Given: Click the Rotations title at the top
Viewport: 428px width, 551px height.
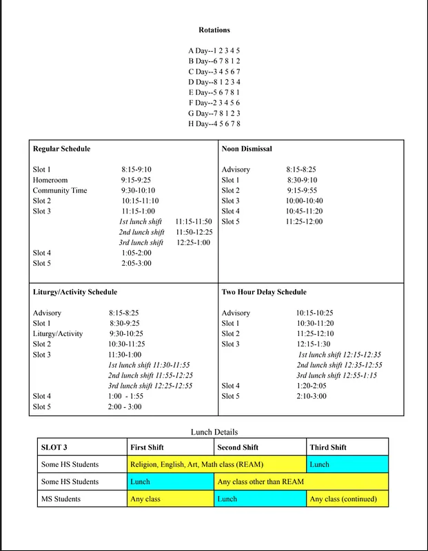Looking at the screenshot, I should [214, 30].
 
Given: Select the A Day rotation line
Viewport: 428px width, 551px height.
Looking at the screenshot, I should [214, 51].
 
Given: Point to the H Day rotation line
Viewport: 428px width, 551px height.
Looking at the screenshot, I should [214, 123].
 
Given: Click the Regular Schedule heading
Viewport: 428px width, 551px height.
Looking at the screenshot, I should [61, 149].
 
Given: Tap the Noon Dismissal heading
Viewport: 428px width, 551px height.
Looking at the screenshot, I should [247, 149].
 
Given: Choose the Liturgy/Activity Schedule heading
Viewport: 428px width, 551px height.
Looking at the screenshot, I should [75, 292].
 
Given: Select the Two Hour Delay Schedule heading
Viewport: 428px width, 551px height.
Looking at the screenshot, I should [264, 292].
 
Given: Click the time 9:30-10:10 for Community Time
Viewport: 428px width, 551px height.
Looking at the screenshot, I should [138, 191].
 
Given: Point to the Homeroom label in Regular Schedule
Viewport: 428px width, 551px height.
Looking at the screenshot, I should [50, 180].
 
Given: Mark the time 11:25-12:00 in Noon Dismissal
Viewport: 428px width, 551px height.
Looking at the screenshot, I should [304, 222].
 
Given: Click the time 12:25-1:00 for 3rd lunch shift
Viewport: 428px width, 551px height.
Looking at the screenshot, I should [194, 242].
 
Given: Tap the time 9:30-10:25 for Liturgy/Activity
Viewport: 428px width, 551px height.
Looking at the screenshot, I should [126, 334].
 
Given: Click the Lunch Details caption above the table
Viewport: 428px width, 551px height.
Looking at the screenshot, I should [214, 432].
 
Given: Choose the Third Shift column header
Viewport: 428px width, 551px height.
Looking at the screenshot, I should [328, 447].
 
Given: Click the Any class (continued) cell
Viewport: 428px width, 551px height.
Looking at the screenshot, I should [347, 499].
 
